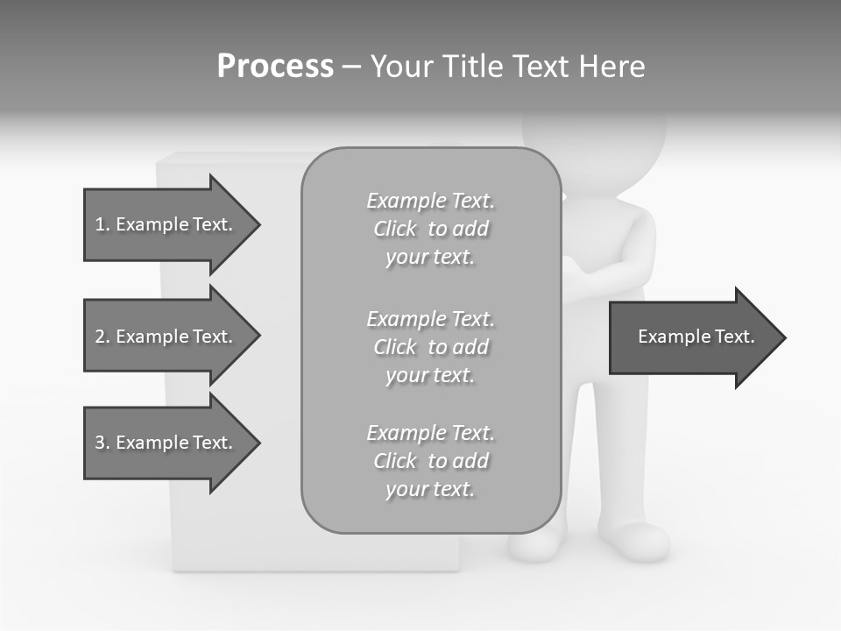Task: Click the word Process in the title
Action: click(x=275, y=67)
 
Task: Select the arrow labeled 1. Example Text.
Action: click(x=166, y=224)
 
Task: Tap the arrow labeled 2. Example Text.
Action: click(x=166, y=337)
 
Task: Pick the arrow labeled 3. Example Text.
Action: click(x=166, y=443)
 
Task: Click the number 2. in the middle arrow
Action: click(x=102, y=337)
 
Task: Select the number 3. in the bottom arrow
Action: click(x=102, y=443)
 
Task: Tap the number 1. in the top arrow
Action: click(x=102, y=224)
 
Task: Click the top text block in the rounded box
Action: click(x=430, y=229)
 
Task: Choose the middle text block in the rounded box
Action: click(x=430, y=347)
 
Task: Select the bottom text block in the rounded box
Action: click(x=430, y=461)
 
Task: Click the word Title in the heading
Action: click(x=472, y=67)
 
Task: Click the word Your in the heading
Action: click(x=403, y=67)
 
